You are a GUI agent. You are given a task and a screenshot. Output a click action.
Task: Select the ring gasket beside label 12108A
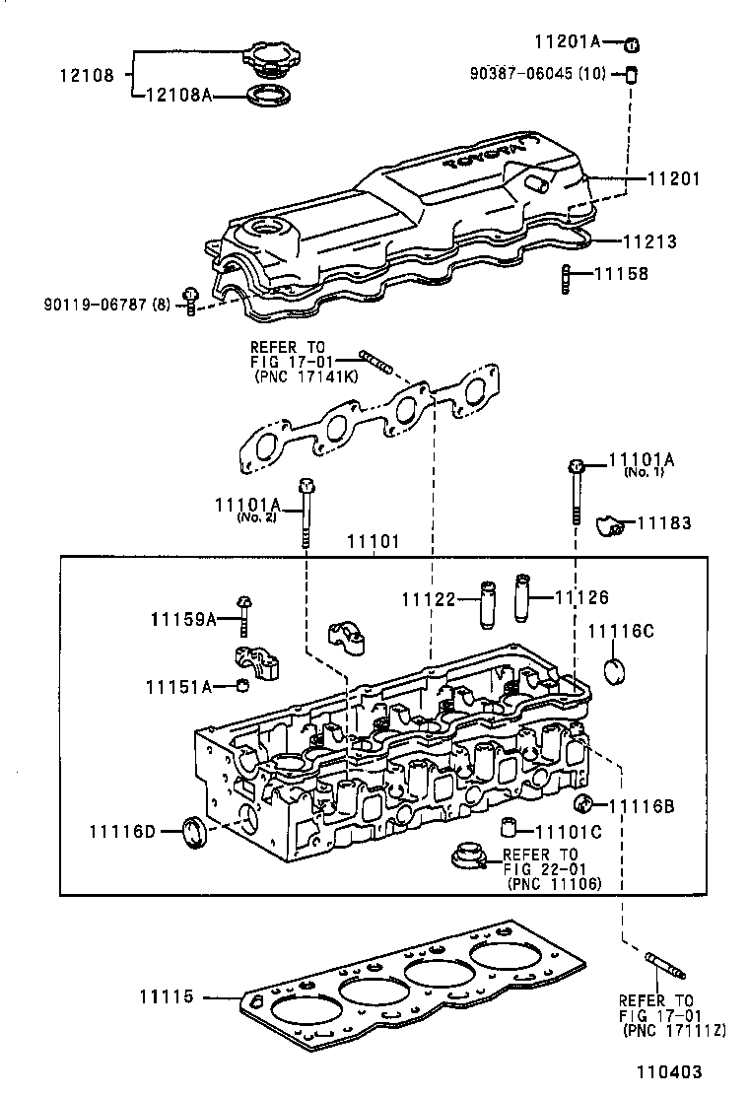(266, 96)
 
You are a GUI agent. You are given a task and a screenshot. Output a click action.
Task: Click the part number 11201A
(568, 41)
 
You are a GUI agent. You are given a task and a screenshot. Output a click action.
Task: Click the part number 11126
(581, 597)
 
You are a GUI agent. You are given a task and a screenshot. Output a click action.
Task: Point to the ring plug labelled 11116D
(193, 831)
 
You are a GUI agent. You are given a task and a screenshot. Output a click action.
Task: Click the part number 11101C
(569, 832)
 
